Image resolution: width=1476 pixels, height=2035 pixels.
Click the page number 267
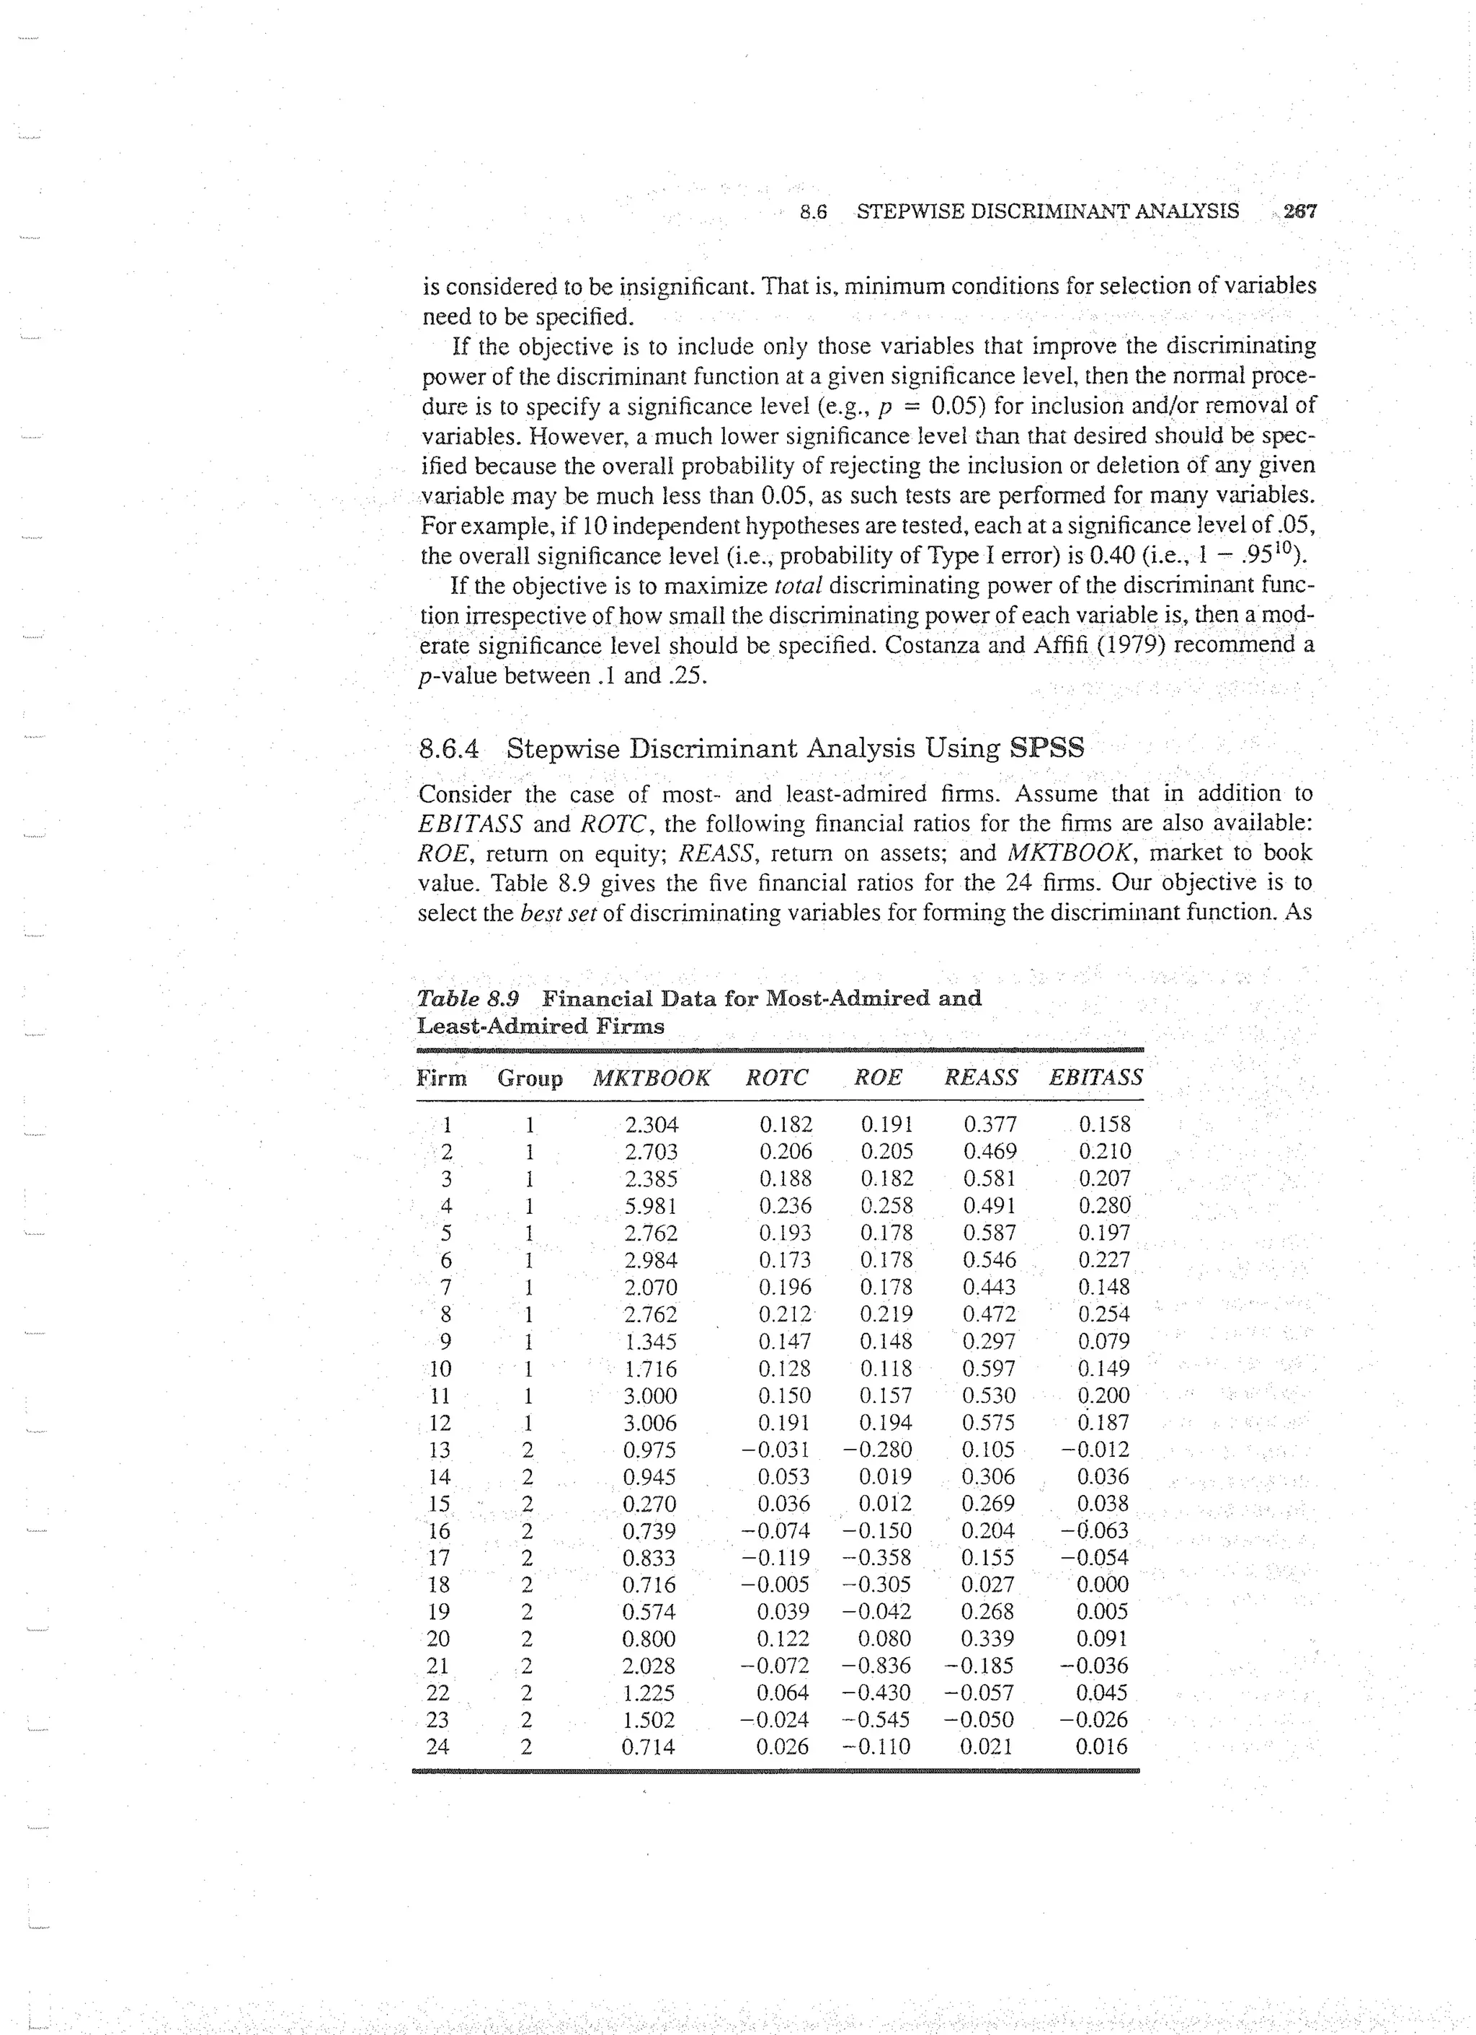1300,212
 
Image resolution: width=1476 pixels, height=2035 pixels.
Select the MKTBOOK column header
651,1078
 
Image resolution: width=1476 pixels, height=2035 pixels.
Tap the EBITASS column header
1095,1078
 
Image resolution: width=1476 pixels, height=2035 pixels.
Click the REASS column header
981,1078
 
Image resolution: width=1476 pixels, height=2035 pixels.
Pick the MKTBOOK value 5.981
652,1206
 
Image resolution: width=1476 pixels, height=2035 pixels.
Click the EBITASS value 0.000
1102,1584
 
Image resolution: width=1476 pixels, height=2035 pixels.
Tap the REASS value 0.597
989,1369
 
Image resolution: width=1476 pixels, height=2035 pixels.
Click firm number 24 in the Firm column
438,1747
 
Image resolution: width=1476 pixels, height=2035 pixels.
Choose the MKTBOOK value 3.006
652,1423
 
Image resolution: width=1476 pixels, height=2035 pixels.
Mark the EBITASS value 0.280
1105,1206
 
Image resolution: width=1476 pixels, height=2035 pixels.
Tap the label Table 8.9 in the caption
468,998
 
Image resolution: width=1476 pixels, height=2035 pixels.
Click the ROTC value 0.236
785,1206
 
